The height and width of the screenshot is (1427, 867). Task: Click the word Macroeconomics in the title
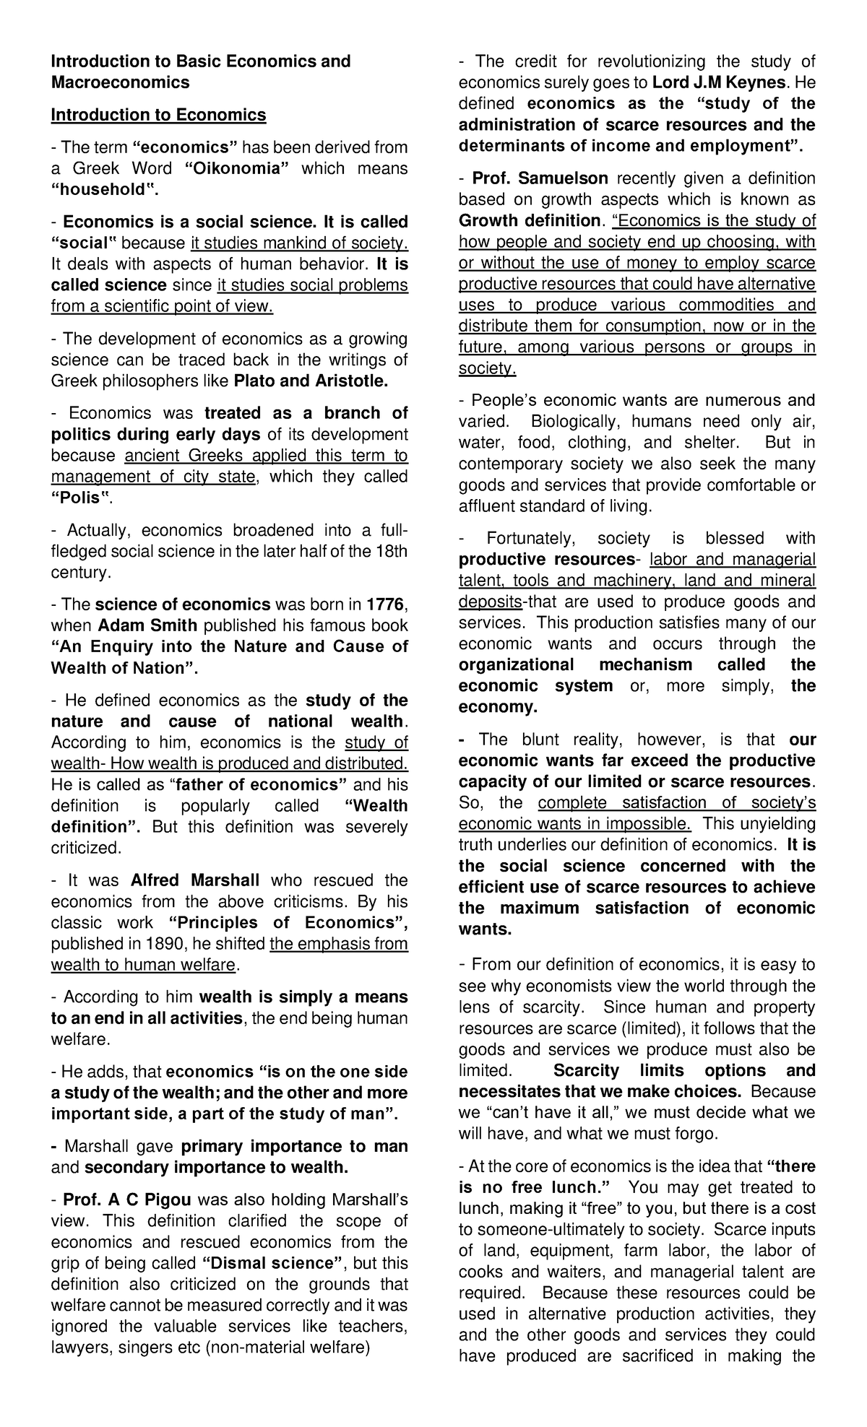pyautogui.click(x=120, y=82)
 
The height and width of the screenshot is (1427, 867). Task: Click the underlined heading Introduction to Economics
pyautogui.click(x=158, y=115)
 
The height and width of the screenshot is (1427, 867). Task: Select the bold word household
pyautogui.click(x=102, y=190)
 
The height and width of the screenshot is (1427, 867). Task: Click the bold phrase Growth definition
pyautogui.click(x=530, y=220)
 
